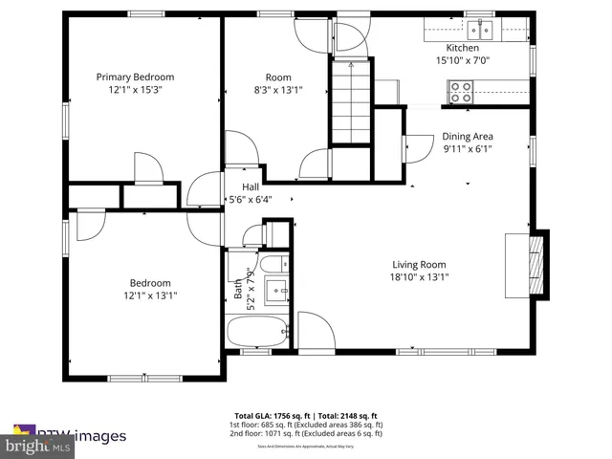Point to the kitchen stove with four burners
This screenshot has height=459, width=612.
point(461,92)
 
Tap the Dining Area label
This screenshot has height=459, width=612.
point(467,136)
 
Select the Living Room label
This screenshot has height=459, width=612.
point(419,265)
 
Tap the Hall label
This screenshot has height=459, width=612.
point(250,186)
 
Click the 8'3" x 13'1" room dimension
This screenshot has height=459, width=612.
point(278,91)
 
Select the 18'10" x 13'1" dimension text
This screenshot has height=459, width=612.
point(419,277)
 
